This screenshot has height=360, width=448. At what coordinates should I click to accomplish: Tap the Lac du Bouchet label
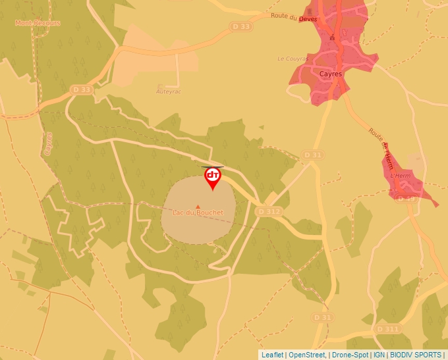pos(198,213)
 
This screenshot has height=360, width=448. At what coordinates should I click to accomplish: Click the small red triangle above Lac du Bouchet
pos(198,207)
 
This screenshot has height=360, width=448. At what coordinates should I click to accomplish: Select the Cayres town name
pos(330,74)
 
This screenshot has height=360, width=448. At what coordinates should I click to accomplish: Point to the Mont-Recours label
pos(38,23)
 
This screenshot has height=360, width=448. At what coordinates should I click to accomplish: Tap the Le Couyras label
pos(293,59)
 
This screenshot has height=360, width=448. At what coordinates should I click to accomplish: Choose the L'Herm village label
pos(401,176)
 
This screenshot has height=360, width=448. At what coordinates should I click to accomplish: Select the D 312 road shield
pos(269,211)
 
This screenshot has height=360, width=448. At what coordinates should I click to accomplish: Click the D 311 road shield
pos(387,328)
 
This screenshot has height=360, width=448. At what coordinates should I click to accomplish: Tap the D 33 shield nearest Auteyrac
pos(81,90)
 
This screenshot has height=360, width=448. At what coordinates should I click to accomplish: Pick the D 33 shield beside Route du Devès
pos(242,26)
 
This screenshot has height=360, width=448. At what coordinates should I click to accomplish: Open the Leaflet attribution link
pos(272,355)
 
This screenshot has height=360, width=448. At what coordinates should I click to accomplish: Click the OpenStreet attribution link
pos(306,355)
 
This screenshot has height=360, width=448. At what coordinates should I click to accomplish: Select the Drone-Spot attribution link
pos(349,355)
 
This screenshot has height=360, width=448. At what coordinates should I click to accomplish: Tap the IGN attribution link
pos(379,355)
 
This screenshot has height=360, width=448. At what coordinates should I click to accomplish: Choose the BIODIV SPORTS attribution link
pos(416,355)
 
